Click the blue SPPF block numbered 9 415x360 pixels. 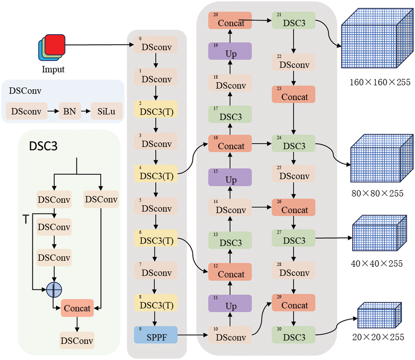(x=156, y=335)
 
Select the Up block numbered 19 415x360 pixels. (x=230, y=51)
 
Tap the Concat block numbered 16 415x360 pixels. (x=230, y=144)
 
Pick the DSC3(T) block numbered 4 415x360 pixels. (x=156, y=174)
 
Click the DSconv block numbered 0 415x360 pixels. (x=156, y=45)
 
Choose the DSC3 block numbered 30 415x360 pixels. (x=294, y=335)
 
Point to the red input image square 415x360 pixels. (x=55, y=45)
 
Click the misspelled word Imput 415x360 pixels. (x=53, y=69)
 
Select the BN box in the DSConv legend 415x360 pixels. (x=70, y=111)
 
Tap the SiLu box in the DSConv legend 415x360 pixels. (x=107, y=111)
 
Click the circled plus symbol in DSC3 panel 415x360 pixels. (x=54, y=290)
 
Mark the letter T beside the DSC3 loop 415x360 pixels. (x=26, y=219)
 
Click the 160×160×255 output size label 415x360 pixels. (x=380, y=82)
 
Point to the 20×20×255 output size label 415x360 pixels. (x=378, y=337)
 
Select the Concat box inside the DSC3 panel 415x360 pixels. (x=77, y=308)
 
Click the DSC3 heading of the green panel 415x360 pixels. (x=43, y=146)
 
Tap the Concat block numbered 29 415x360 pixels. (x=294, y=303)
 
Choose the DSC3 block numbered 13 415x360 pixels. (x=230, y=240)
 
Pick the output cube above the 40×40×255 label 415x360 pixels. (x=379, y=233)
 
